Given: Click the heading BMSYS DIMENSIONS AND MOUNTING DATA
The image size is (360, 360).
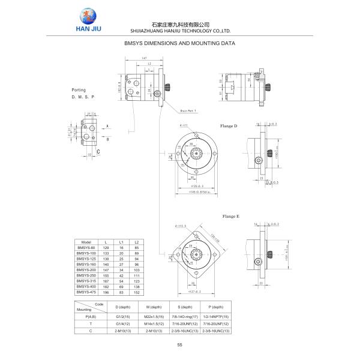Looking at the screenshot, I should pyautogui.click(x=179, y=44).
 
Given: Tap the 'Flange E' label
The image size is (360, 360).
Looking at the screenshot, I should pyautogui.click(x=230, y=216).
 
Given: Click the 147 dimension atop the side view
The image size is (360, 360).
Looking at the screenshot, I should pyautogui.click(x=144, y=58).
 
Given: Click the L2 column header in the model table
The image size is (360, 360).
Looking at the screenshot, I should pyautogui.click(x=136, y=241).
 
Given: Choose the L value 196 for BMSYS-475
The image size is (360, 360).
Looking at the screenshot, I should pyautogui.click(x=106, y=292).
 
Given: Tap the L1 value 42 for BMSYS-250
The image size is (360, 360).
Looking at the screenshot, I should pyautogui.click(x=121, y=276).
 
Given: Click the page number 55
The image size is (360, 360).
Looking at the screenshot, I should pyautogui.click(x=179, y=344).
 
